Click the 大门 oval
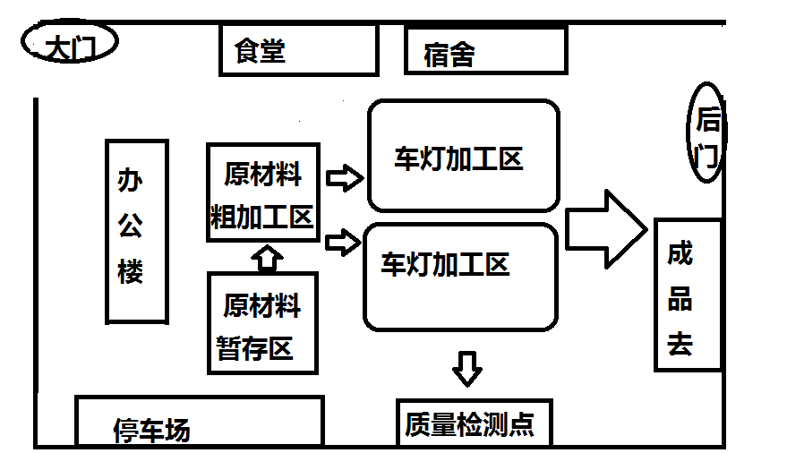(69, 45)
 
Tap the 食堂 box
(298, 50)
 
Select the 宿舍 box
(485, 51)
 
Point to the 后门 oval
(706, 132)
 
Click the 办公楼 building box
(137, 231)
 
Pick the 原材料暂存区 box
(263, 323)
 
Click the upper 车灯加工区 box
(463, 157)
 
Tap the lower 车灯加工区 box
(460, 276)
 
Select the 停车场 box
(198, 422)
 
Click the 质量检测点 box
(470, 423)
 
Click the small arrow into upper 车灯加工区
(345, 177)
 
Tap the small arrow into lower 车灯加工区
(345, 242)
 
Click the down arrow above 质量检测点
(466, 368)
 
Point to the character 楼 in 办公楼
(131, 271)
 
